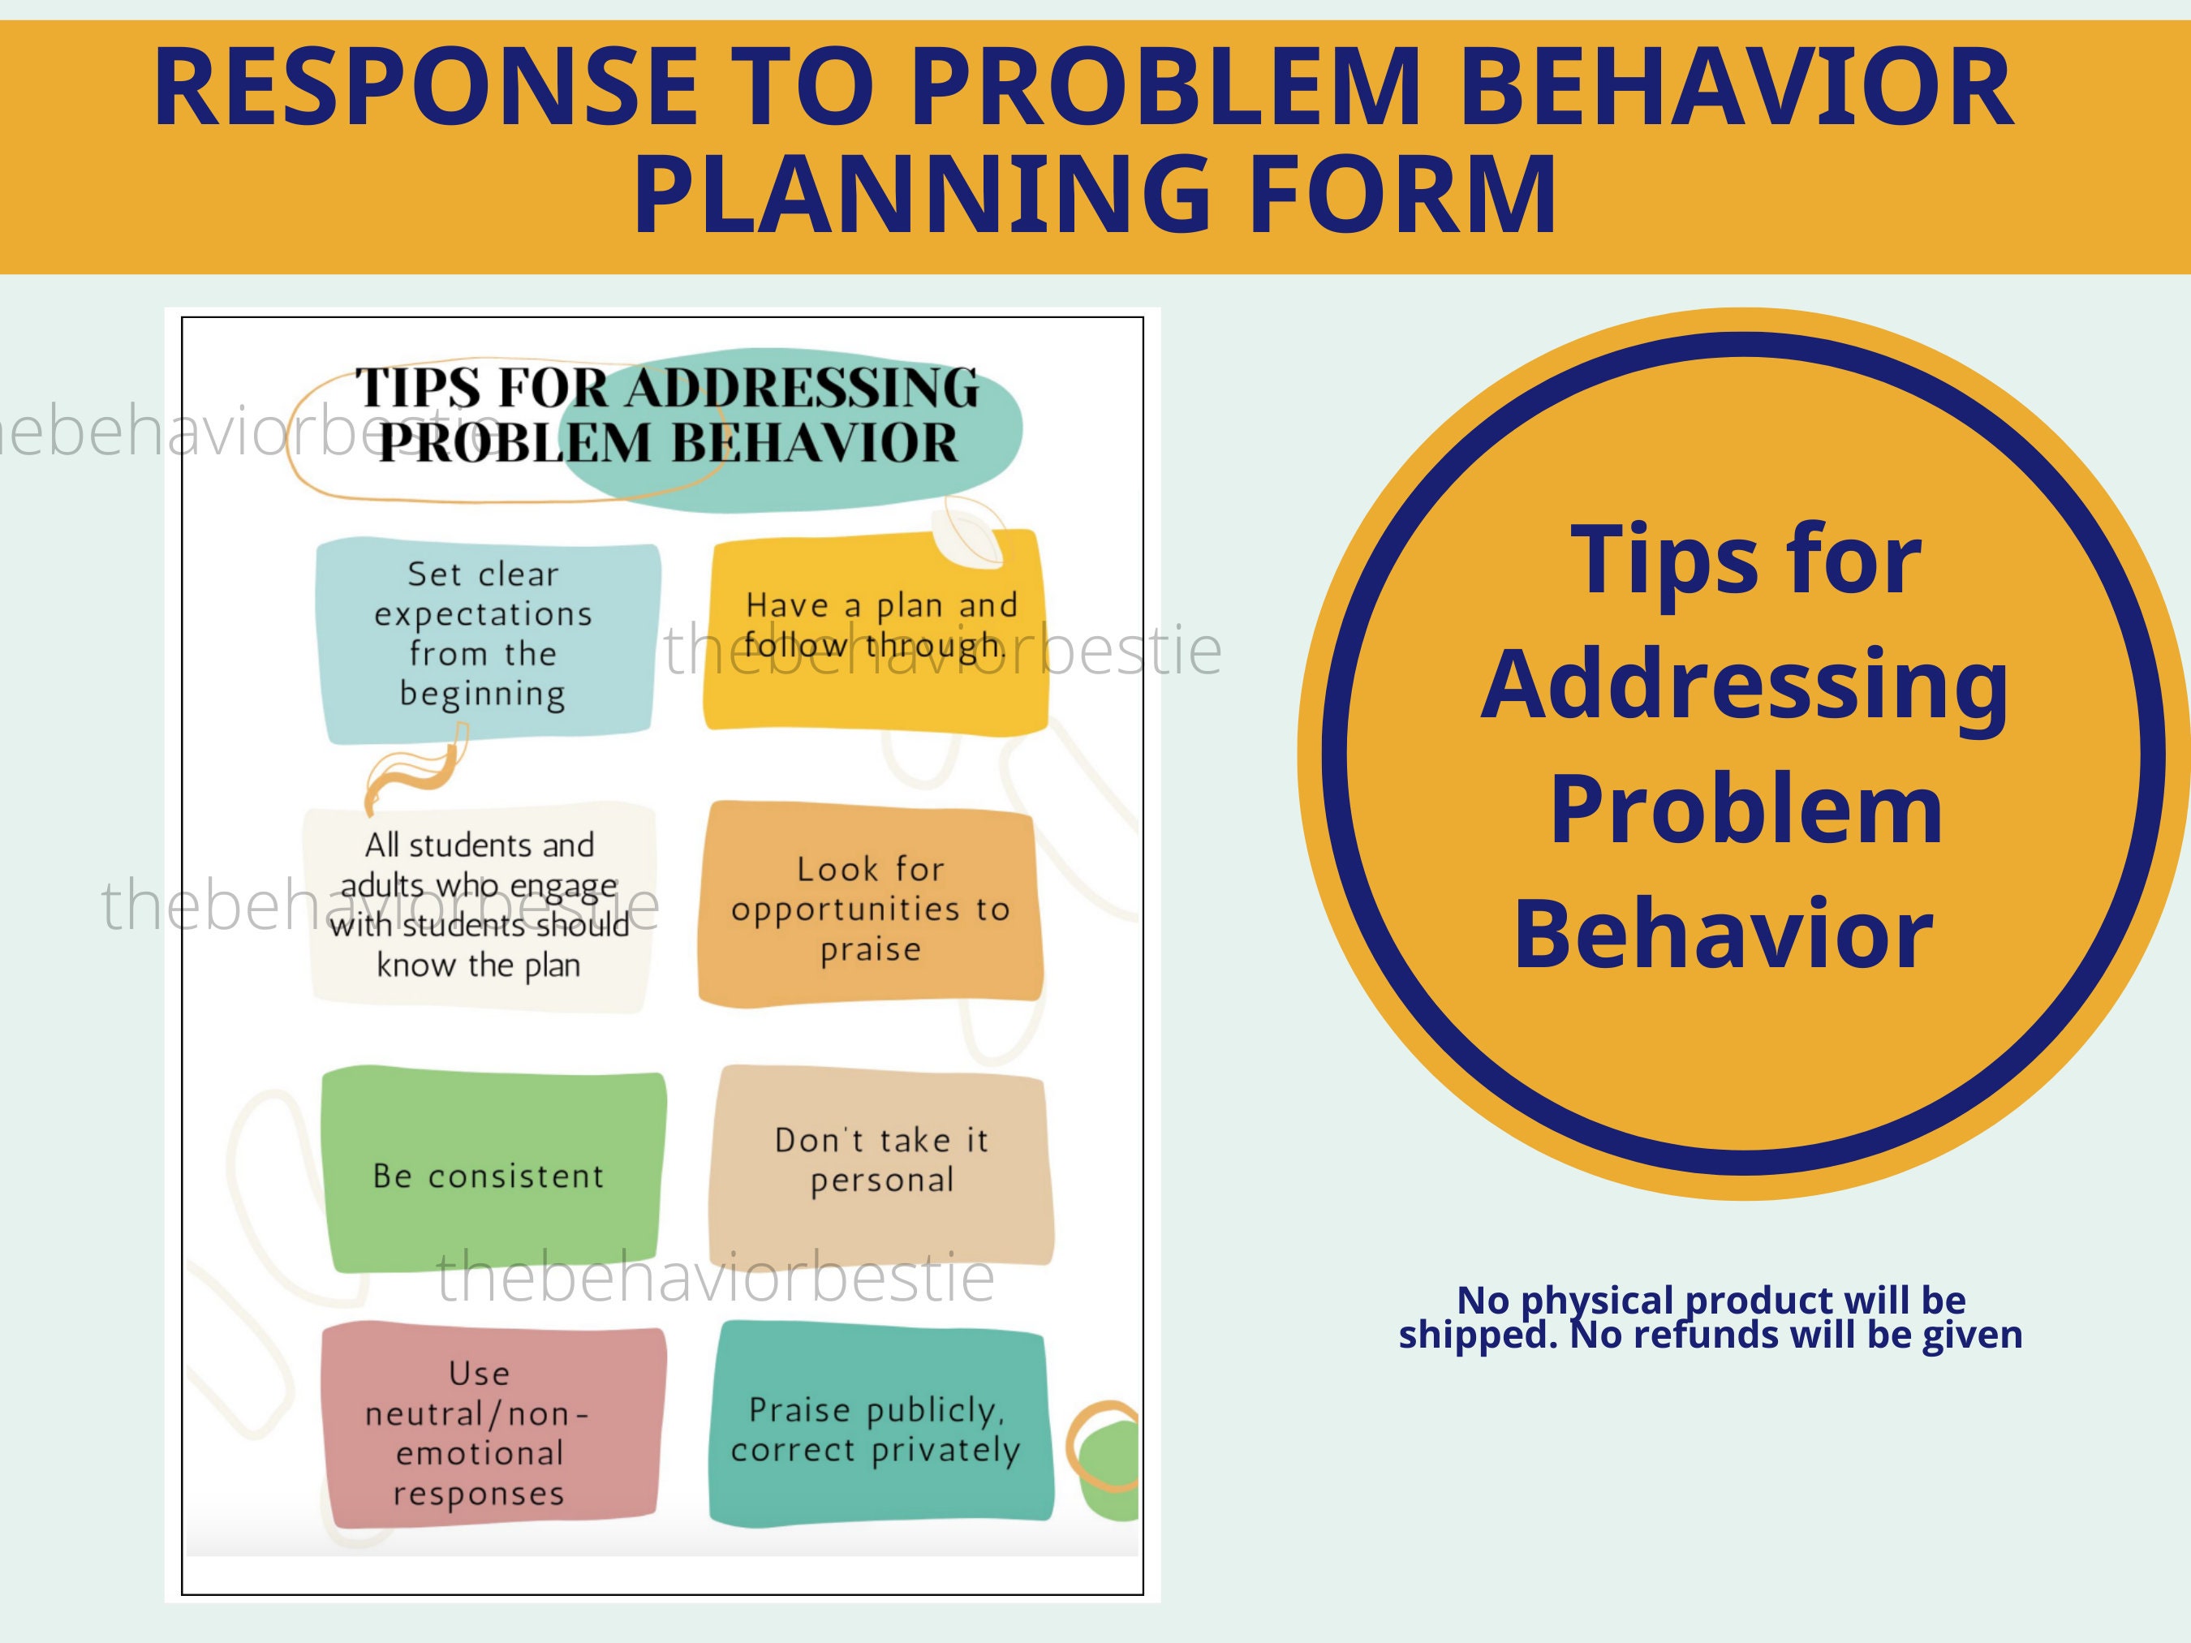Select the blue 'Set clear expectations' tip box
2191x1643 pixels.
[484, 639]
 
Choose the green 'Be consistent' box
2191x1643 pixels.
[490, 1172]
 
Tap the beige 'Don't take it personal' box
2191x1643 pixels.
[880, 1163]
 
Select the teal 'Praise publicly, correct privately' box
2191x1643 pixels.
[877, 1427]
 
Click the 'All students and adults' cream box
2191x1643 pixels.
[480, 906]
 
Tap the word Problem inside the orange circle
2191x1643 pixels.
[1745, 809]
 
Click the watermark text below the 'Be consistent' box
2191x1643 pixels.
[715, 1278]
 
